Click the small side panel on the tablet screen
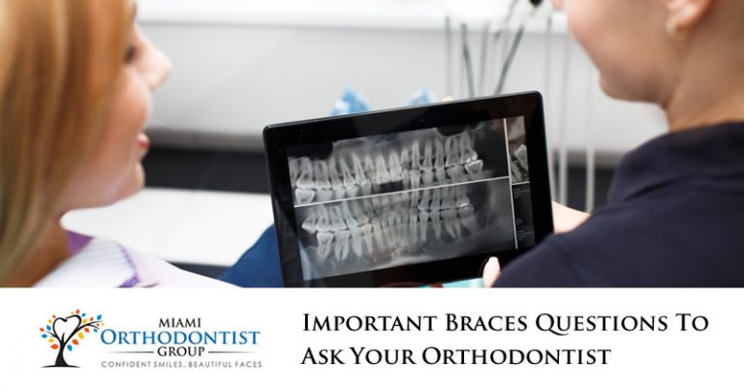518,160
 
